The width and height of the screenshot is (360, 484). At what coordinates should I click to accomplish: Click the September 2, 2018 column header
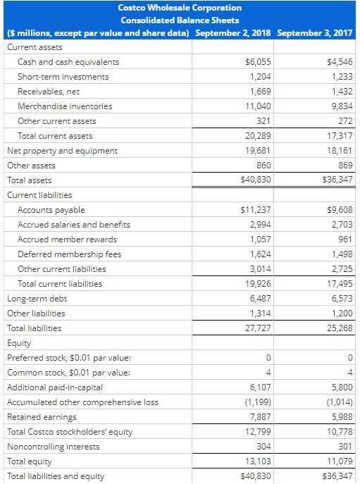233,33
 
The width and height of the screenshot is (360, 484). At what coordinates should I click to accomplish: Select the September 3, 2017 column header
316,33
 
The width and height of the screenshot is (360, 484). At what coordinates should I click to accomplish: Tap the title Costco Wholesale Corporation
180,7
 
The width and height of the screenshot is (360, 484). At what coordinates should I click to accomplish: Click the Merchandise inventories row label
64,106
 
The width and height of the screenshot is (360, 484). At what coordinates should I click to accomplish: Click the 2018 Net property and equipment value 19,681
256,151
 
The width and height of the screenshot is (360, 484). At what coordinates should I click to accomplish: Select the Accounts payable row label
51,210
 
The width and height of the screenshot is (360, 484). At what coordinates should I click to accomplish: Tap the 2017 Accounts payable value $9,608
340,210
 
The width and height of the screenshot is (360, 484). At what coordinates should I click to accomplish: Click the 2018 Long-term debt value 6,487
259,299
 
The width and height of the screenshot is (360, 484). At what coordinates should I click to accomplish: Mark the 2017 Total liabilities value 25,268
338,328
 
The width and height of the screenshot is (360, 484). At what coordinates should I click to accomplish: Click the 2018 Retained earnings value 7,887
259,417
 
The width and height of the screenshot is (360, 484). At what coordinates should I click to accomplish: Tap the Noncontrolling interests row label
53,447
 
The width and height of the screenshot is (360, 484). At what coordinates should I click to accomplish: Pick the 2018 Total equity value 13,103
256,461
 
